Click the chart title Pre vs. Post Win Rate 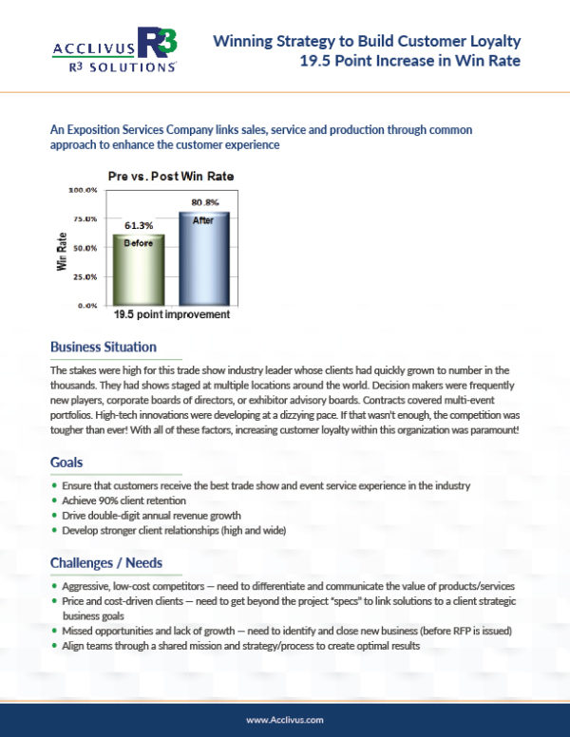pos(170,176)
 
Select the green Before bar pos(139,270)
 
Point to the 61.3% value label pos(139,225)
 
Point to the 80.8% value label pos(205,202)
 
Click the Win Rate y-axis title pos(62,251)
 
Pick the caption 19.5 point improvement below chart pos(171,313)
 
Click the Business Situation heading pos(103,347)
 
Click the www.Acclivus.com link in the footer pos(284,720)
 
